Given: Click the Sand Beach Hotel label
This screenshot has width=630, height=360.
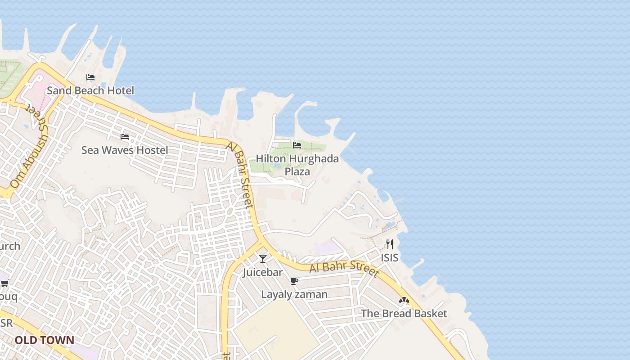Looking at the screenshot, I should [90, 90].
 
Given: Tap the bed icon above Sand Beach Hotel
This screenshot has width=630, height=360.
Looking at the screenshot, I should [90, 77].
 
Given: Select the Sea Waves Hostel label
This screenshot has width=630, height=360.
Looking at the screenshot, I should [125, 150].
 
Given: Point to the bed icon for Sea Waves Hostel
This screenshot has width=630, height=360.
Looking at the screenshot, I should [125, 137].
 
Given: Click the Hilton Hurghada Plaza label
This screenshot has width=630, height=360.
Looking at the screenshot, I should [297, 165].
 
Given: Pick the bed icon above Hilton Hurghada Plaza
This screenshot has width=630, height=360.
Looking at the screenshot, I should [297, 145].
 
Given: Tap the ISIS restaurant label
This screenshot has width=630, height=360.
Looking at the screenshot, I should [390, 257].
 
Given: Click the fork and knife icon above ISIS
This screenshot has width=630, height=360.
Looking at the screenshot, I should [390, 244].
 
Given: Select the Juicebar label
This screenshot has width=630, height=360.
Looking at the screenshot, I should [263, 272].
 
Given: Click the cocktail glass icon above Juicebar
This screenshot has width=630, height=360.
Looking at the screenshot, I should [263, 259].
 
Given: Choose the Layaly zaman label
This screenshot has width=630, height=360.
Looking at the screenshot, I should [294, 294].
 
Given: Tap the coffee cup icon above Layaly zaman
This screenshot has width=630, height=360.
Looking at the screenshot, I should [294, 281].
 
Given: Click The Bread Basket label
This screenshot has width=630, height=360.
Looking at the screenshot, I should [404, 313].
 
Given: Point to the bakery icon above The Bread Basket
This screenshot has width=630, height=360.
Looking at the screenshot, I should [404, 300].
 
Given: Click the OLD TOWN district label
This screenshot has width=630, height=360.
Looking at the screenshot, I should [44, 340].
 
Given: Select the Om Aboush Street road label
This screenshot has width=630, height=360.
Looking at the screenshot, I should [28, 148].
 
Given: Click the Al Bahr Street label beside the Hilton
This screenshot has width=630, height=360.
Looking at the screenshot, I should [241, 175].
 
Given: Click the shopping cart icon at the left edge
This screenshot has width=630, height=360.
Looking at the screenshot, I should [4, 283].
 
